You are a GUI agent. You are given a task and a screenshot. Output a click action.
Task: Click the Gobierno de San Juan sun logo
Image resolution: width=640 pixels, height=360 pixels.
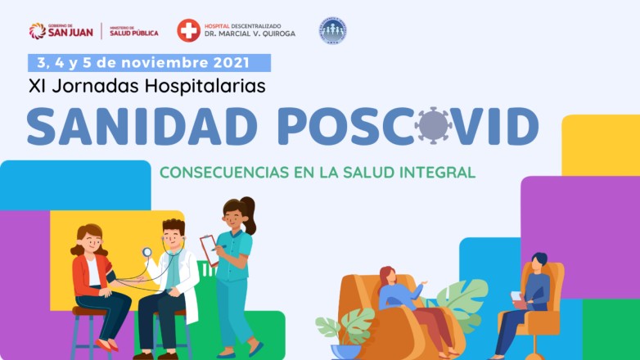(x=37, y=31)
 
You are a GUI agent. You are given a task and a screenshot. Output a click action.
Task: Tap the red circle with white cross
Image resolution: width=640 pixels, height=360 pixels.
(x=188, y=30)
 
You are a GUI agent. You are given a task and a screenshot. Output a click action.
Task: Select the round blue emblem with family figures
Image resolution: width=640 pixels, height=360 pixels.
(x=332, y=30)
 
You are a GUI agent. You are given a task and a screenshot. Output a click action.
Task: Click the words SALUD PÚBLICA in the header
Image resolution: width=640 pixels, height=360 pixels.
(x=134, y=34)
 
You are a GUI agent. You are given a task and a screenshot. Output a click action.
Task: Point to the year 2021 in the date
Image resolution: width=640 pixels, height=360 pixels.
(x=231, y=63)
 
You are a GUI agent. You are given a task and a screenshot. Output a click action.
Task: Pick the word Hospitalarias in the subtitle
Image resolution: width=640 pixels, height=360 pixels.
(x=205, y=86)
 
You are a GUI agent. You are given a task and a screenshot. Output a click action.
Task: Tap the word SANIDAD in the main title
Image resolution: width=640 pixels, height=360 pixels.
(x=142, y=126)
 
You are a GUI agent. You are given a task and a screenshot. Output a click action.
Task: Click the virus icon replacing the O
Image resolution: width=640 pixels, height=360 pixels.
(x=433, y=125)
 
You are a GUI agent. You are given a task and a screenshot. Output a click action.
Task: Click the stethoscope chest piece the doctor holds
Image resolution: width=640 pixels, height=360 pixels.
(x=146, y=252)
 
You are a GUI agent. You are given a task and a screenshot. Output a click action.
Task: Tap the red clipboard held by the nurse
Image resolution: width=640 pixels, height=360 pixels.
(x=210, y=250)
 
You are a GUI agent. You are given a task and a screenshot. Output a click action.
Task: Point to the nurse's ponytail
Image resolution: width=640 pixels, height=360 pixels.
(x=249, y=214)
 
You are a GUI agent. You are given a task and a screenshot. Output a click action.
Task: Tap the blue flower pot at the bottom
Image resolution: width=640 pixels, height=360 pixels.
(x=345, y=352)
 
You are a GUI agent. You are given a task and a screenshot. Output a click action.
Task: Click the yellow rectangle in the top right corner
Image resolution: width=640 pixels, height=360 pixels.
(x=601, y=146)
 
